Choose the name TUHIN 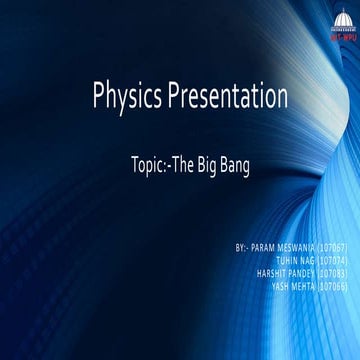[x=285, y=258]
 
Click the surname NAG [x=307, y=258]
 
